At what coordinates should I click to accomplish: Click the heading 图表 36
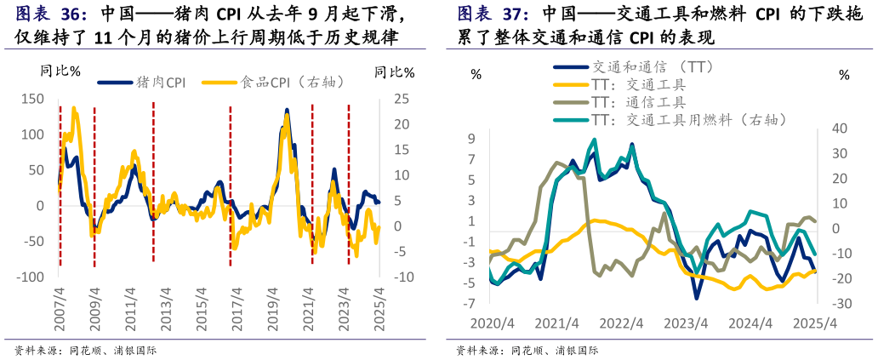(x=51, y=15)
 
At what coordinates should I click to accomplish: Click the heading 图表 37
(x=493, y=15)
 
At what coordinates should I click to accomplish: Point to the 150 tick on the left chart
(x=32, y=99)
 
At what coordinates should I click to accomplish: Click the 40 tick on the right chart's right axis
(x=841, y=129)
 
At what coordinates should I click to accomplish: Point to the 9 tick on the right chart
(x=470, y=138)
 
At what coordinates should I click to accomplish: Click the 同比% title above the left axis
(x=60, y=71)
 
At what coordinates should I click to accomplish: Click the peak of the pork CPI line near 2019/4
(x=286, y=110)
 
